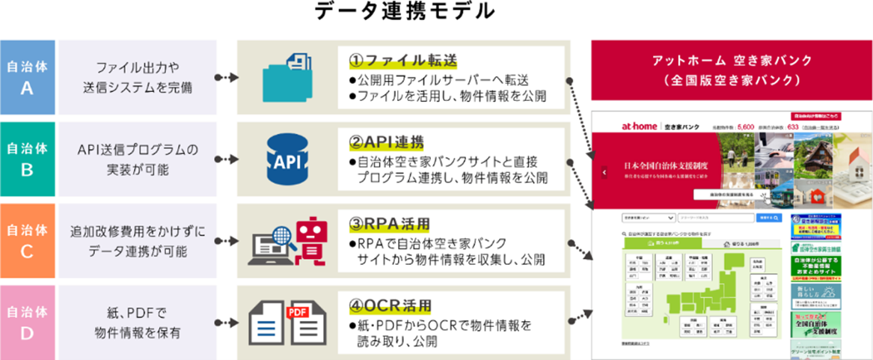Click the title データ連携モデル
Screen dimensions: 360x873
tap(405, 11)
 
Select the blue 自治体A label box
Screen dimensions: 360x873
tap(27, 76)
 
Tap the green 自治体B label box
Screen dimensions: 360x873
tap(27, 159)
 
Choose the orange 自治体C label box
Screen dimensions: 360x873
tap(27, 240)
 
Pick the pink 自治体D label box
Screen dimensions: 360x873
tap(27, 323)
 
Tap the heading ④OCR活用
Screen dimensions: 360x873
tap(389, 306)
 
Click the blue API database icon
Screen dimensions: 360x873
tap(288, 162)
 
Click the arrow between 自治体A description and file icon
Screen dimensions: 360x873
tap(225, 76)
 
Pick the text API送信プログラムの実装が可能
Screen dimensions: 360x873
tap(138, 159)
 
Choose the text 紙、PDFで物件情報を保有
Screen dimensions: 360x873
tap(138, 323)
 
